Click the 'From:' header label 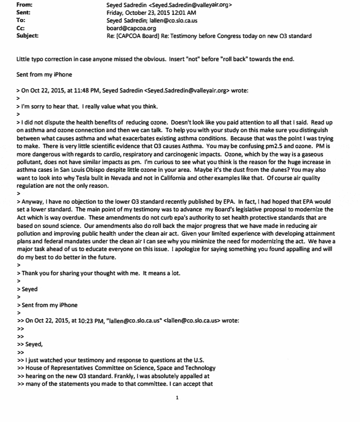[x=25, y=5]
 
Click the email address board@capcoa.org [x=127, y=28]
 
